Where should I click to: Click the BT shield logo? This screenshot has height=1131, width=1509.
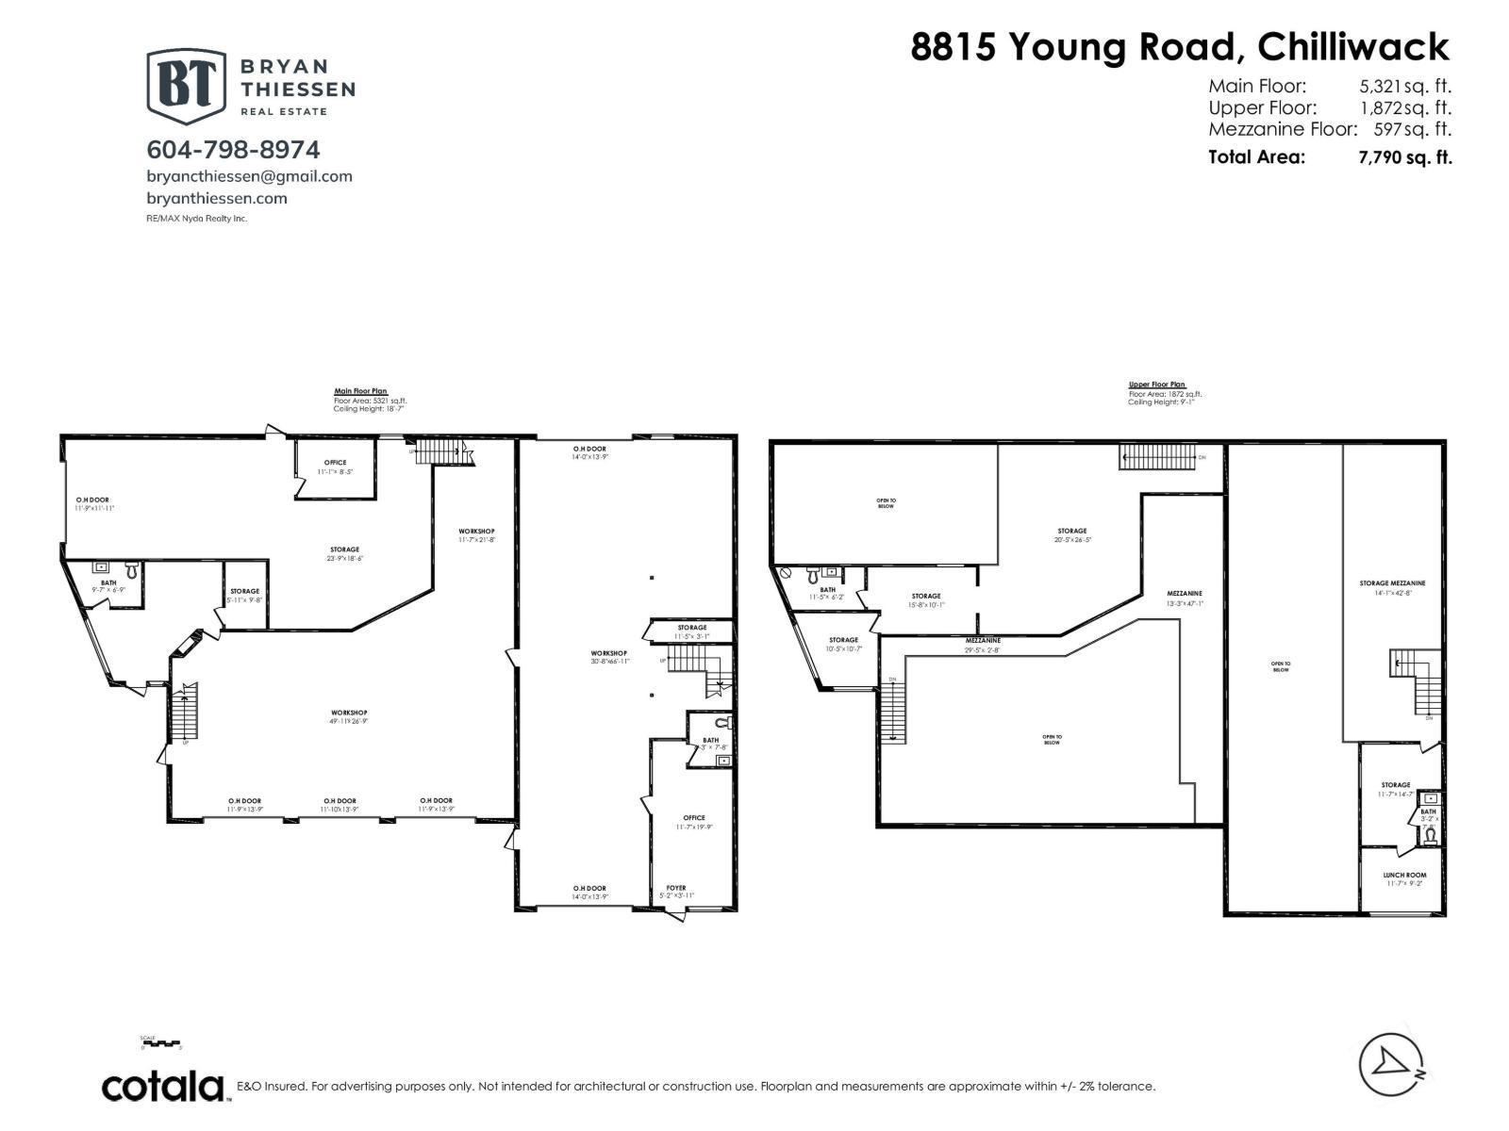[186, 86]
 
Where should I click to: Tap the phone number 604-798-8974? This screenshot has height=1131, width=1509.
[233, 149]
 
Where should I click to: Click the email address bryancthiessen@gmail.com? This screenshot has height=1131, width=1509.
[249, 176]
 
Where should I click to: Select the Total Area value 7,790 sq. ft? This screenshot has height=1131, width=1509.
[1404, 157]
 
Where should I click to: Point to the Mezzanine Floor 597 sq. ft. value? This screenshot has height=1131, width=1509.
[1412, 129]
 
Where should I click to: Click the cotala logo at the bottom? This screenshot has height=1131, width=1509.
[162, 1086]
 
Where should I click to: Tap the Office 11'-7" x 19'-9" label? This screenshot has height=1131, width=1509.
[693, 822]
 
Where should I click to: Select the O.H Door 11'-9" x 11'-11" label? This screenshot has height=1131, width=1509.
[93, 503]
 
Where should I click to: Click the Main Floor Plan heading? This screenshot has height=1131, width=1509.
[360, 391]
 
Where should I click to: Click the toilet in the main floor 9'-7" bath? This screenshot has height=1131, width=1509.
[131, 570]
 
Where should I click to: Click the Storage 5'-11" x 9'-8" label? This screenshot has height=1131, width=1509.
[244, 595]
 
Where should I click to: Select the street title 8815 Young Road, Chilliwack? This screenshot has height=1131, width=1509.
[1179, 46]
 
